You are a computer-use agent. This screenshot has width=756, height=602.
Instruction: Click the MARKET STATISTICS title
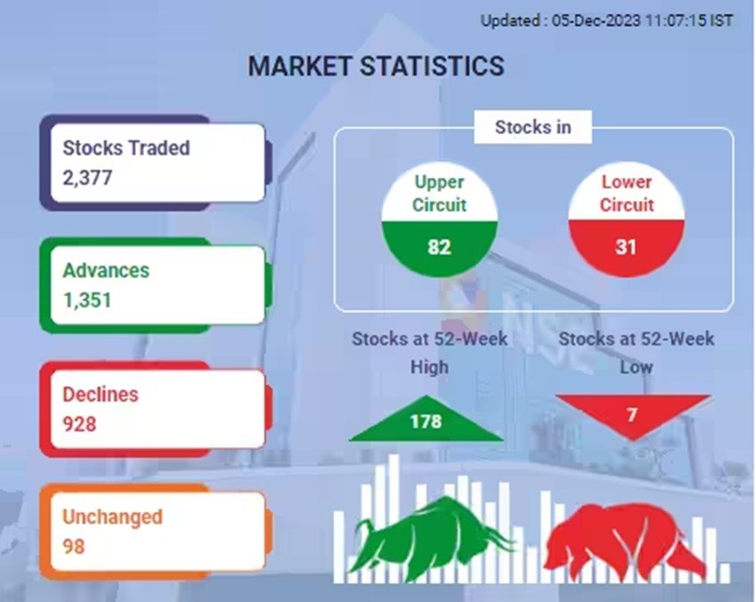coord(376,66)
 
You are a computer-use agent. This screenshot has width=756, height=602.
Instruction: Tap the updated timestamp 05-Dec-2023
coord(596,20)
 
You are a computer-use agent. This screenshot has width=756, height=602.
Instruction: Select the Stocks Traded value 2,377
coord(87,178)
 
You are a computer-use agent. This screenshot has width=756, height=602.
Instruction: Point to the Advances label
coord(106,270)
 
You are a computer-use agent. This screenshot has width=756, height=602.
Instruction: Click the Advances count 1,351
coord(87,301)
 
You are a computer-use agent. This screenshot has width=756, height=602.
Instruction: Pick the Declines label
coord(101,394)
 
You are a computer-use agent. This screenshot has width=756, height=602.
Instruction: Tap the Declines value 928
coord(79,424)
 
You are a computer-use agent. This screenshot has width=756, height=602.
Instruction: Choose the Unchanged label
coord(112,517)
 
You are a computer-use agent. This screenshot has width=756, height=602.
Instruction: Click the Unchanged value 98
coord(74,547)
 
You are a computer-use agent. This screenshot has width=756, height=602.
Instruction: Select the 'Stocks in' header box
coord(533,127)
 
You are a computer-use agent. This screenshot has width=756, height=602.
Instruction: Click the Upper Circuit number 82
coord(439,247)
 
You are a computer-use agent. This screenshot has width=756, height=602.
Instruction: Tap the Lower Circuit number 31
coord(626,247)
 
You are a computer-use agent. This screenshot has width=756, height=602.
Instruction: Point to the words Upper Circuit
coord(439,193)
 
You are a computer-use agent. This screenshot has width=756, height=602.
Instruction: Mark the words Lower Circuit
coord(626,193)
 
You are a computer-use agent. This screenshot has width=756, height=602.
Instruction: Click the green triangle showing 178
coord(426,421)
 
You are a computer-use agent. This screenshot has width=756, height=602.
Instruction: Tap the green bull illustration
coord(431,536)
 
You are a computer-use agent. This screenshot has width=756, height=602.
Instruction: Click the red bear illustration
coord(624,540)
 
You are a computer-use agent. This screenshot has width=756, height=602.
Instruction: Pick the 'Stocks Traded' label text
coord(126,148)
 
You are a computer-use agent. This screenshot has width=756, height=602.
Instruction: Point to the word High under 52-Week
coord(430,367)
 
